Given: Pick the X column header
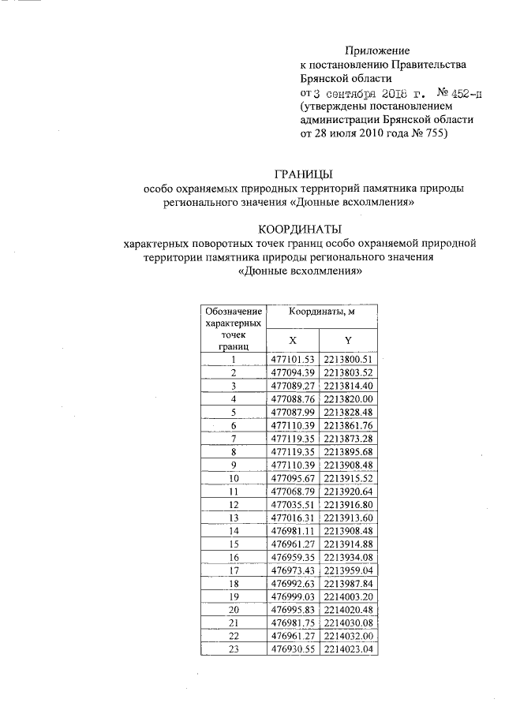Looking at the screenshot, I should (x=292, y=340).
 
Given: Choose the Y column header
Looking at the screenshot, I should (x=348, y=340).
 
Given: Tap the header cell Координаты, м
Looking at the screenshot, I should (x=321, y=312).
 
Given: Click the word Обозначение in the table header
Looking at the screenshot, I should (x=234, y=312).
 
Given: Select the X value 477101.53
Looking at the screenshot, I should (x=293, y=360).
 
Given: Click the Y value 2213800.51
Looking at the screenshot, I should (x=348, y=360).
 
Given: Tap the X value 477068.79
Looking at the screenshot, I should (x=293, y=491).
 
